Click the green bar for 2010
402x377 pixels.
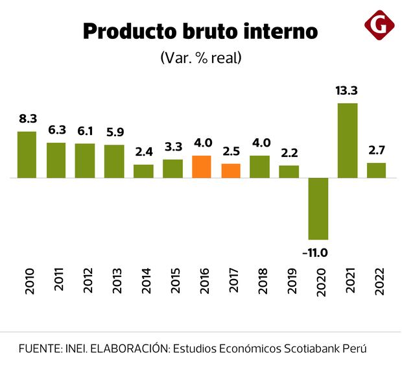[x=27, y=154]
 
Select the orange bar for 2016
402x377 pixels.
[x=202, y=167]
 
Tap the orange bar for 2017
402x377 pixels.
[x=231, y=171]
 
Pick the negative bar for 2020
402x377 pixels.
[x=318, y=208]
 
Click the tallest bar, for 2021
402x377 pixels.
[x=348, y=140]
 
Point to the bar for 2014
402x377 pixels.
[x=143, y=171]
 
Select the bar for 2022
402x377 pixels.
[x=376, y=170]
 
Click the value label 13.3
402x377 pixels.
[x=348, y=91]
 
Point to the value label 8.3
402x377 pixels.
[x=27, y=119]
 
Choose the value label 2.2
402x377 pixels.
[x=289, y=154]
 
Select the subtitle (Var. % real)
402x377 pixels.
[x=200, y=57]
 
